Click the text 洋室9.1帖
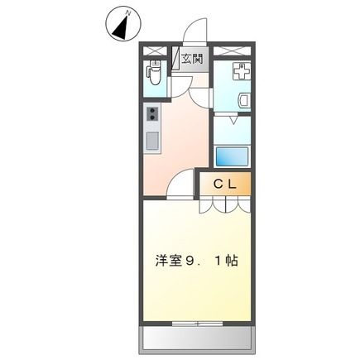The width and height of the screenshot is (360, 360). coord(196,261)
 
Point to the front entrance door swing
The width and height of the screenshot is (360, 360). coord(192,33)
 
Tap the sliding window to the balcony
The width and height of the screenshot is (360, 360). coord(196,321)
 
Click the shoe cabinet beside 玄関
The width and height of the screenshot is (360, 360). coord(177,59)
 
